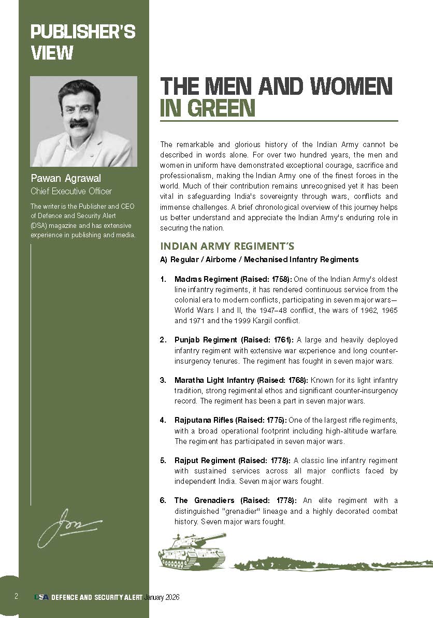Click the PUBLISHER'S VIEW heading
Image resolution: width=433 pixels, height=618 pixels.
82,42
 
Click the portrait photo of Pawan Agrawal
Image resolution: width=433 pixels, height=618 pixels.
83,121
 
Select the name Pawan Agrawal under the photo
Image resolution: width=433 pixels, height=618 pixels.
66,179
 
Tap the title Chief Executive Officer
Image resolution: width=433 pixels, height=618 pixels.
71,191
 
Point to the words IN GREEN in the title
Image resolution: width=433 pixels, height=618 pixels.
208,108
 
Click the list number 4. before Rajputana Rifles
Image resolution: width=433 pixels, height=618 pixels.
163,420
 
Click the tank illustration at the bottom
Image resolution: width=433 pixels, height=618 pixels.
192,550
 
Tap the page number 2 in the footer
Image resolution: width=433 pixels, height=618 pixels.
16,597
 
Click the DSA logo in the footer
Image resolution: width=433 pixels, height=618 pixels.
41,597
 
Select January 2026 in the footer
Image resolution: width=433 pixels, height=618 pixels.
162,597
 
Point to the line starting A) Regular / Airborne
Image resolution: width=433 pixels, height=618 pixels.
259,259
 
